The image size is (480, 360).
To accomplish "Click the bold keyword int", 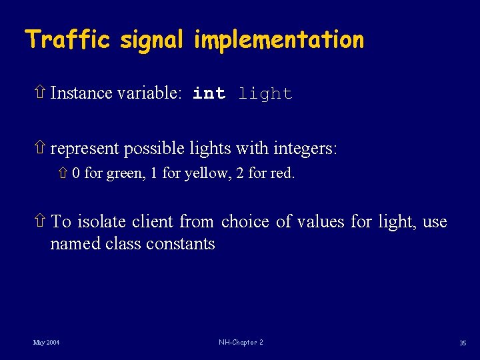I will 209,94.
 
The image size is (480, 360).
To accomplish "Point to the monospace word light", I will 265,94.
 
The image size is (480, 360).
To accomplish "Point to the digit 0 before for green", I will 77,174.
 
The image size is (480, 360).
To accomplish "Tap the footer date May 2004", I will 46,343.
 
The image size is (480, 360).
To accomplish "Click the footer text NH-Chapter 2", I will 241,343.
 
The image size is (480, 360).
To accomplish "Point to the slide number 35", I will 462,343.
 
